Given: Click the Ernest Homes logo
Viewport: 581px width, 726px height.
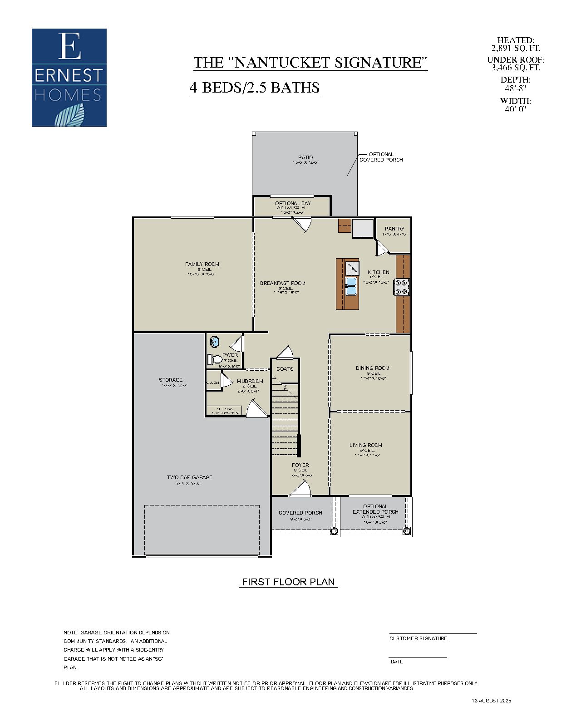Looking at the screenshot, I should point(69,78).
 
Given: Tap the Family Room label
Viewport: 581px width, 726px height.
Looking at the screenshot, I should point(202,264).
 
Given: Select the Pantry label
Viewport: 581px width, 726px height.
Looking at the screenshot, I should point(394,229).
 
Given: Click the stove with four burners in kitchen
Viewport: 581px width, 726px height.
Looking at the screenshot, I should point(401,287).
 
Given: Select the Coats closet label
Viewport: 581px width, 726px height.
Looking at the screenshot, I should point(285,369).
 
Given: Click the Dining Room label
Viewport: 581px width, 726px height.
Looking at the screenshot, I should point(372,368).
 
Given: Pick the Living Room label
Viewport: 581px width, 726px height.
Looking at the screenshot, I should point(365,445).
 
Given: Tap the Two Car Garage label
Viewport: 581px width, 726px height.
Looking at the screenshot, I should point(189,477).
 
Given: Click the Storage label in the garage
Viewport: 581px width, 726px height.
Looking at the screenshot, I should point(171,380).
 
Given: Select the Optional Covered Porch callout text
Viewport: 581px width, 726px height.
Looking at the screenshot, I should point(381,157).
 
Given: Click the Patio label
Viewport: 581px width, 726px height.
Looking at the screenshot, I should point(305,157).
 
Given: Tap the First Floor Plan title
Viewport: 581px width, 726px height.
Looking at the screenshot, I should point(288,582).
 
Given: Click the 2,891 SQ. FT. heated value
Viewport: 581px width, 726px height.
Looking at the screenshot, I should point(516,48).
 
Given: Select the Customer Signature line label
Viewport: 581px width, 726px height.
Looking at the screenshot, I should point(418,638).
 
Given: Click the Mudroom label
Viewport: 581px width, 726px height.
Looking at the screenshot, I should point(250,381).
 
